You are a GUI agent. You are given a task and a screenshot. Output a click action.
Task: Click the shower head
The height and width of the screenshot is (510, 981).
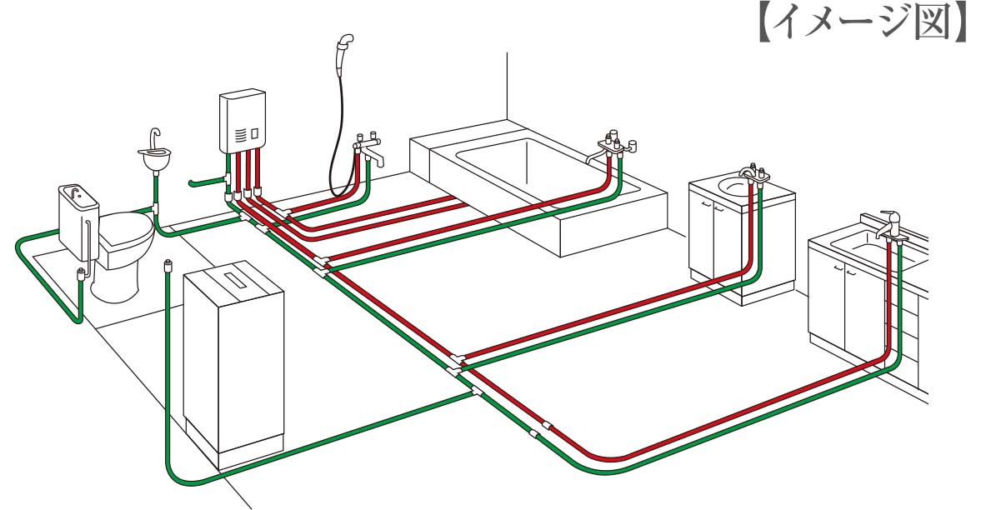coord(344,44)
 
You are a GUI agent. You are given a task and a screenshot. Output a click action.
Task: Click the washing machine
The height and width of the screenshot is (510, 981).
coord(233,367)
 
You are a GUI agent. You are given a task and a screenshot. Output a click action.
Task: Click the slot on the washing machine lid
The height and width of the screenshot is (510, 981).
coord(235,282)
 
